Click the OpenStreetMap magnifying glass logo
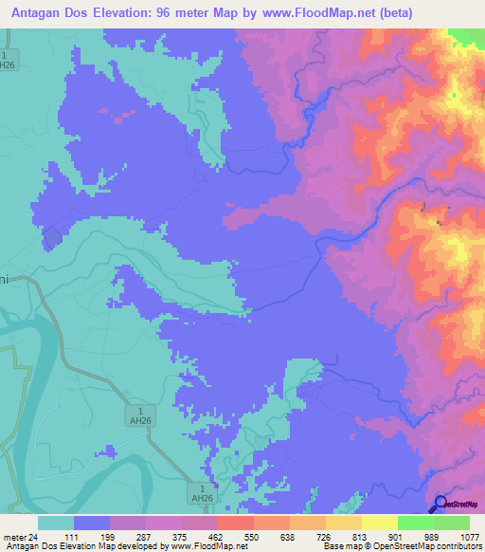click(x=440, y=503)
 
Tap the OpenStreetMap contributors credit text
click(x=437, y=545)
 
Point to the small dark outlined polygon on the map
click(x=51, y=239)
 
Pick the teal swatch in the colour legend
click(x=55, y=523)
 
